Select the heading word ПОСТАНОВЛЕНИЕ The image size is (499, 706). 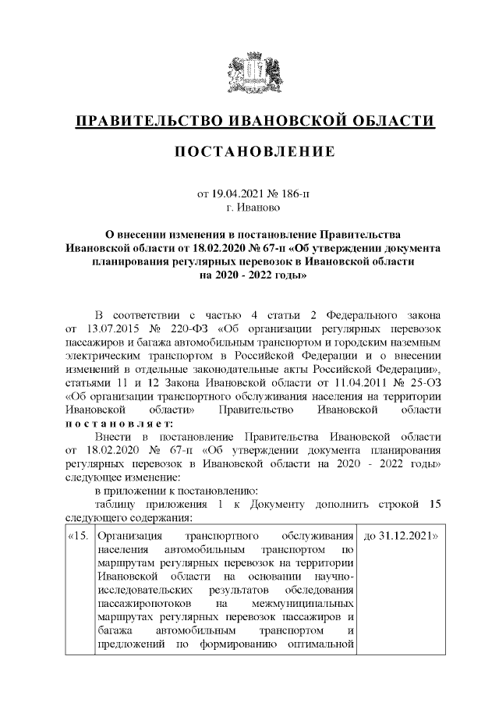pyautogui.click(x=254, y=150)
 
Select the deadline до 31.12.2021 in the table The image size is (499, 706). pyautogui.click(x=398, y=537)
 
